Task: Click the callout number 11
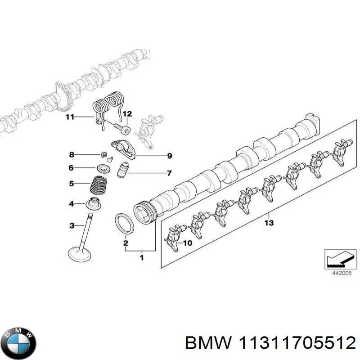coord(69,118)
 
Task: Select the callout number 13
coord(269,223)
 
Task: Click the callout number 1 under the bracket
coord(142,258)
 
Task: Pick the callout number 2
coord(126,243)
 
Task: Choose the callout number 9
coord(169,156)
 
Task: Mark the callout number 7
coord(169,173)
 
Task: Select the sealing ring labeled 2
coord(124,224)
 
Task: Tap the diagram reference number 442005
coord(337,272)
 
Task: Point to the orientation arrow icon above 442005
coord(337,258)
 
